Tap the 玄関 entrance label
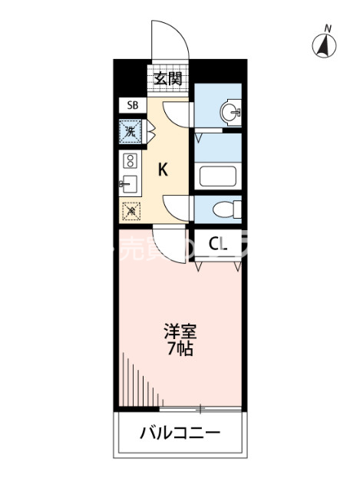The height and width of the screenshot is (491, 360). [x=168, y=78]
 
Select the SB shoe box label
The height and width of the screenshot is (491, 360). [x=132, y=107]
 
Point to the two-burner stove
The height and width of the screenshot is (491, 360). [x=130, y=161]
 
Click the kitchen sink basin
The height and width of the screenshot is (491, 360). [x=130, y=184]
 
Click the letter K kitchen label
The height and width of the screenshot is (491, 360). [x=163, y=170]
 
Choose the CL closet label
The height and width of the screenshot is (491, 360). [x=220, y=244]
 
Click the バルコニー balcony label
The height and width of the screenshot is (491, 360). [x=180, y=433]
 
